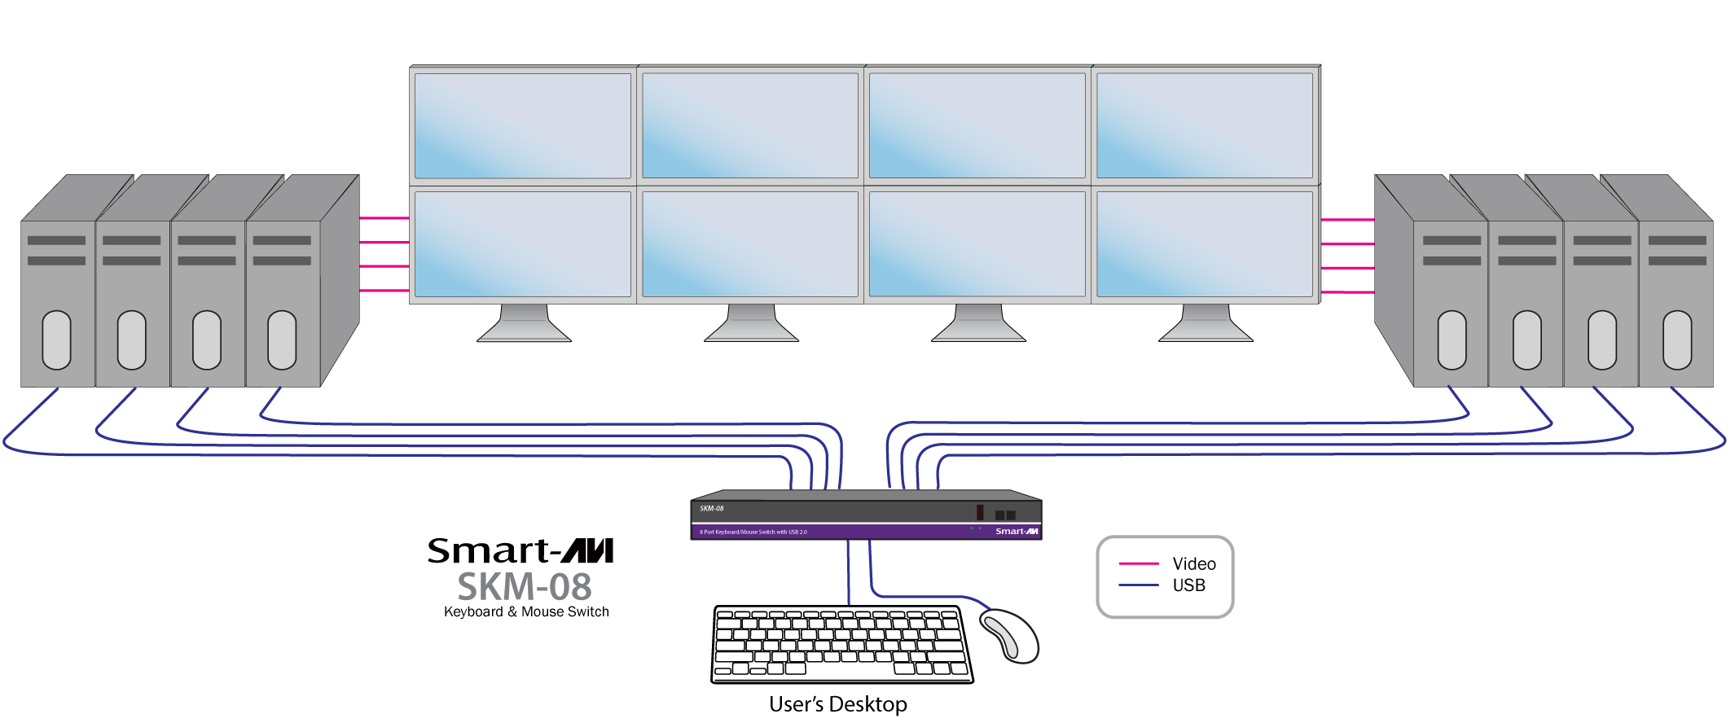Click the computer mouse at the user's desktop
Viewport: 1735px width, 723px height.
(x=1010, y=635)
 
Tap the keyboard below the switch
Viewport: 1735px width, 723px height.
(x=841, y=644)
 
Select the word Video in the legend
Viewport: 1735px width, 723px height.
(x=1193, y=563)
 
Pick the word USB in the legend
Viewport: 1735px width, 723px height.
(x=1188, y=585)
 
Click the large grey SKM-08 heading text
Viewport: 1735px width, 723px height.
(x=525, y=587)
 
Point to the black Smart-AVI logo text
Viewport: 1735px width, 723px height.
(x=520, y=551)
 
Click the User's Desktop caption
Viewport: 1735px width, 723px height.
(x=837, y=704)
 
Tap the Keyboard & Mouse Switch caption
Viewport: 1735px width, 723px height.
(x=526, y=611)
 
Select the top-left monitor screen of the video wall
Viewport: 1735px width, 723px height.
(x=523, y=125)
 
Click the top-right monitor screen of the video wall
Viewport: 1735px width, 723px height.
(x=1205, y=125)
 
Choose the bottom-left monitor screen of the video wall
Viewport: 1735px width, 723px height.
(x=523, y=244)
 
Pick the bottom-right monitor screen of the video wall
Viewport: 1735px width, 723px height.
(x=1205, y=244)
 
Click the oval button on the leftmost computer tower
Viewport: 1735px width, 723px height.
(x=56, y=340)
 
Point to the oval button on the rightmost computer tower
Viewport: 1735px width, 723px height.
(x=1677, y=340)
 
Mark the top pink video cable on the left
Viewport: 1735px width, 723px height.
(x=384, y=218)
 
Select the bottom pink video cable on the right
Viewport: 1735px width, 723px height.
(x=1347, y=291)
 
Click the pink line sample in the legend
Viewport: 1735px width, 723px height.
(x=1139, y=563)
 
